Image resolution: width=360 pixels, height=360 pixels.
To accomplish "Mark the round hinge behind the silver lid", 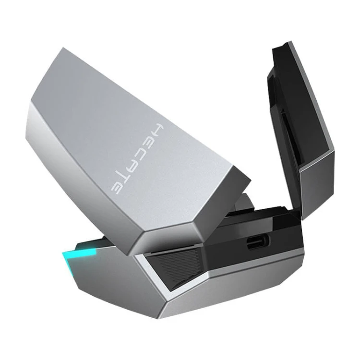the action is tap(244, 202).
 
